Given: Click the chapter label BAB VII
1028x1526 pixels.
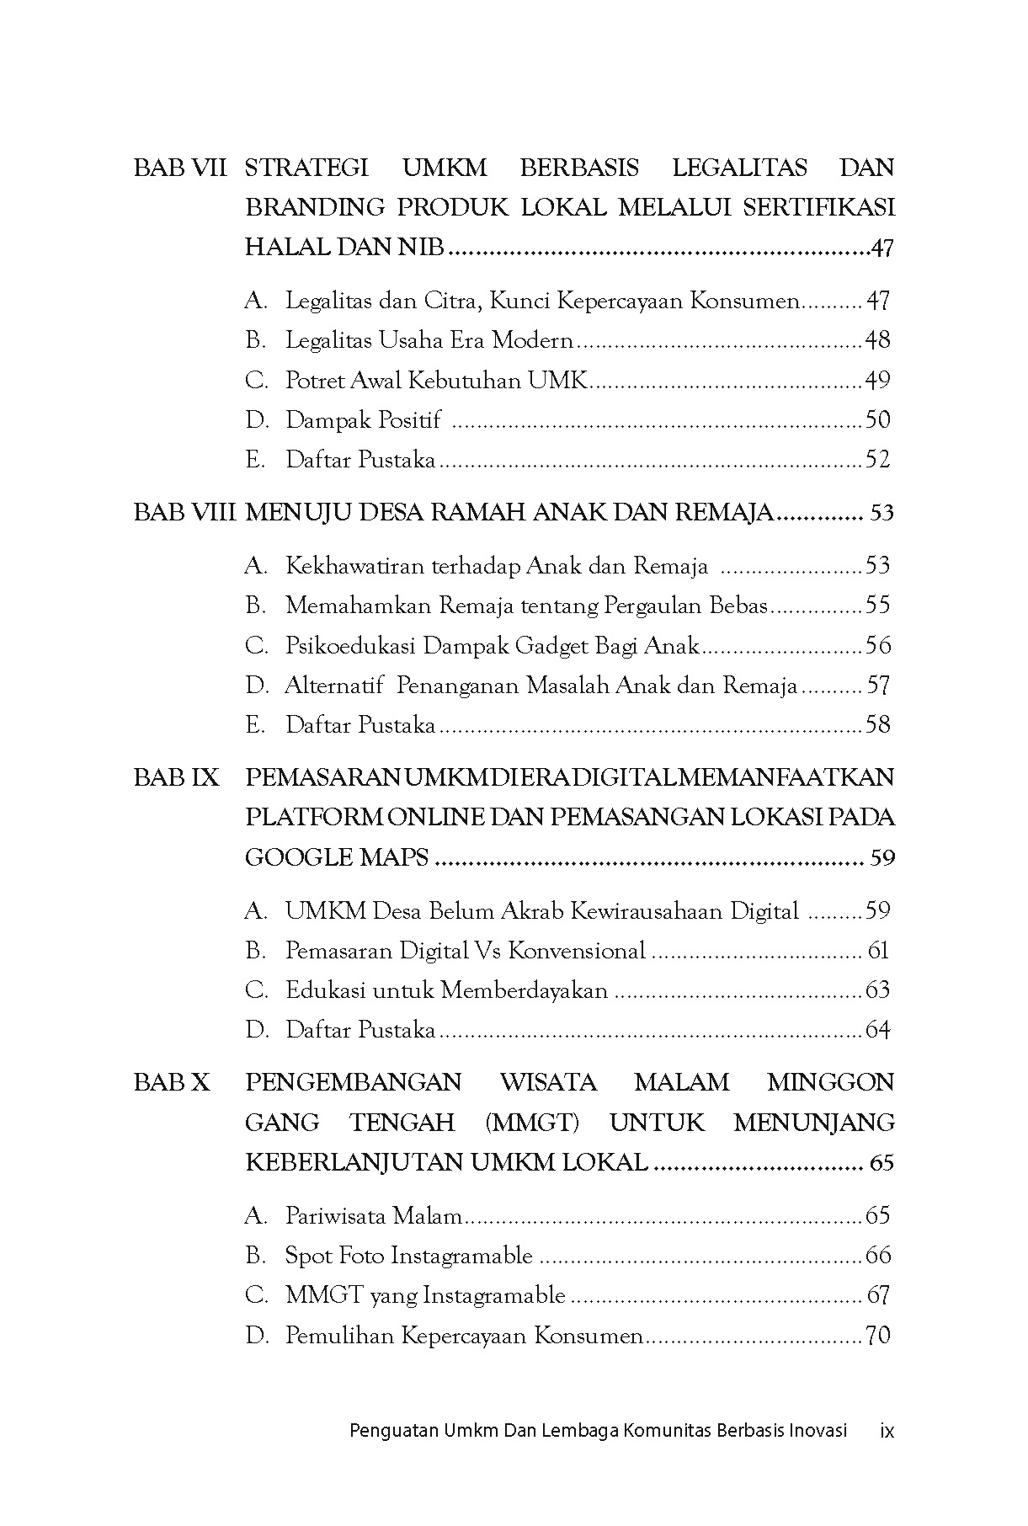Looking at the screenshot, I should pyautogui.click(x=180, y=168).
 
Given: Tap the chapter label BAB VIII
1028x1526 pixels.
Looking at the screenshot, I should pyautogui.click(x=184, y=512).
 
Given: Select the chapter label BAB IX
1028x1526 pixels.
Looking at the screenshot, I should pyautogui.click(x=176, y=777).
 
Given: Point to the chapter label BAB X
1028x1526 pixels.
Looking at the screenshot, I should pyautogui.click(x=172, y=1082).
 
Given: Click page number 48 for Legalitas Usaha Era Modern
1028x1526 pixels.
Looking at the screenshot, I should pyautogui.click(x=877, y=340).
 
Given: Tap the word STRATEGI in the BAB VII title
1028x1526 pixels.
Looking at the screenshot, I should pyautogui.click(x=306, y=168).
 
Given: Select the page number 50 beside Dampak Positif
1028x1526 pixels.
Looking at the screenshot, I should pyautogui.click(x=877, y=419).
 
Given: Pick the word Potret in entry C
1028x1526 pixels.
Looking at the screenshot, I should pyautogui.click(x=312, y=381).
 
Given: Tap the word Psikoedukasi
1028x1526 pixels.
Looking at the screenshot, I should pyautogui.click(x=349, y=646).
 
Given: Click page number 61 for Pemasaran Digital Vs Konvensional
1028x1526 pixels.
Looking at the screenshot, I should pyautogui.click(x=877, y=951).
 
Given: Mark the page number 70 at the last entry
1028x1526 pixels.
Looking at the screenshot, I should pyautogui.click(x=877, y=1336).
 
